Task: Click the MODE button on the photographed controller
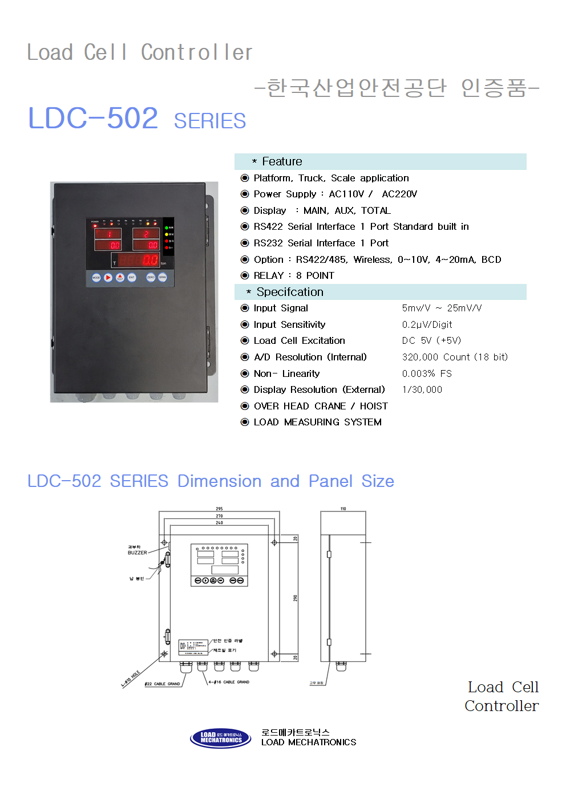(x=96, y=278)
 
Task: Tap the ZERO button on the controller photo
(x=151, y=278)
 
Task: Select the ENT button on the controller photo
(x=132, y=278)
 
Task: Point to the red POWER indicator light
(x=95, y=225)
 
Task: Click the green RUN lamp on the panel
(x=166, y=228)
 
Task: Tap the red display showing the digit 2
(x=146, y=233)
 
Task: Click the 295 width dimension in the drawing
(x=219, y=509)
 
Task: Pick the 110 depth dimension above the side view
(x=343, y=509)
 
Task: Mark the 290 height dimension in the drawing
(x=296, y=598)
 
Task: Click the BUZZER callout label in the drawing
(x=137, y=553)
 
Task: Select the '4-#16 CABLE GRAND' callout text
(x=229, y=682)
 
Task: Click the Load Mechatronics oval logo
(x=220, y=738)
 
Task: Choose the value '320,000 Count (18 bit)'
(x=455, y=357)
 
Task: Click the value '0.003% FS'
(x=427, y=373)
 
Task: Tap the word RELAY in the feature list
(x=269, y=275)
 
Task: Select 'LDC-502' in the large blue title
(x=93, y=118)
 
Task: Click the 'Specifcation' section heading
(x=290, y=292)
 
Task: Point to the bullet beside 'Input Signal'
(x=245, y=308)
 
